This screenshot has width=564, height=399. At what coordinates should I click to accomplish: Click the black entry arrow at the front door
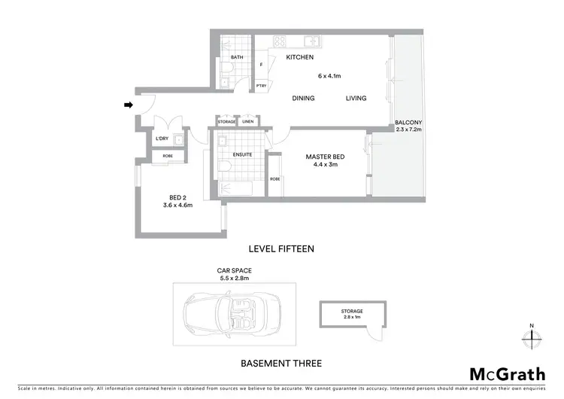[x=128, y=105]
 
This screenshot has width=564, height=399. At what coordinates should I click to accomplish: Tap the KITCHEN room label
[x=299, y=58]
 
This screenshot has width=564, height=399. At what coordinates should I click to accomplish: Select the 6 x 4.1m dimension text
[x=329, y=75]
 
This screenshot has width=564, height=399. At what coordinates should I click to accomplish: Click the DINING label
[x=303, y=99]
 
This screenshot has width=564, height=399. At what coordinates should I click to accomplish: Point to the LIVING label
[x=356, y=99]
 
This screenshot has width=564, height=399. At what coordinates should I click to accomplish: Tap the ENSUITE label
[x=242, y=155]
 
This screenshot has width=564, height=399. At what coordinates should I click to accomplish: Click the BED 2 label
[x=177, y=197]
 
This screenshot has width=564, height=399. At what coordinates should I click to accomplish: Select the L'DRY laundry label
[x=161, y=139]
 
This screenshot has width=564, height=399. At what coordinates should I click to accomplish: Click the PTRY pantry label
[x=261, y=86]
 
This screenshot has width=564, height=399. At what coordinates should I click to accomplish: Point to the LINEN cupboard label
[x=248, y=122]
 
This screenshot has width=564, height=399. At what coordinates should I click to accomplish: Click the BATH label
[x=237, y=58]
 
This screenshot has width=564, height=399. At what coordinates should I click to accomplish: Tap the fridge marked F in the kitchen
[x=261, y=65]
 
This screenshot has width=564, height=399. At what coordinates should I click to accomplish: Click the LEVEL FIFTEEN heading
[x=280, y=248]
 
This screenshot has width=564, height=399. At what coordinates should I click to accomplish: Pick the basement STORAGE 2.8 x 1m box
[x=352, y=313]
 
